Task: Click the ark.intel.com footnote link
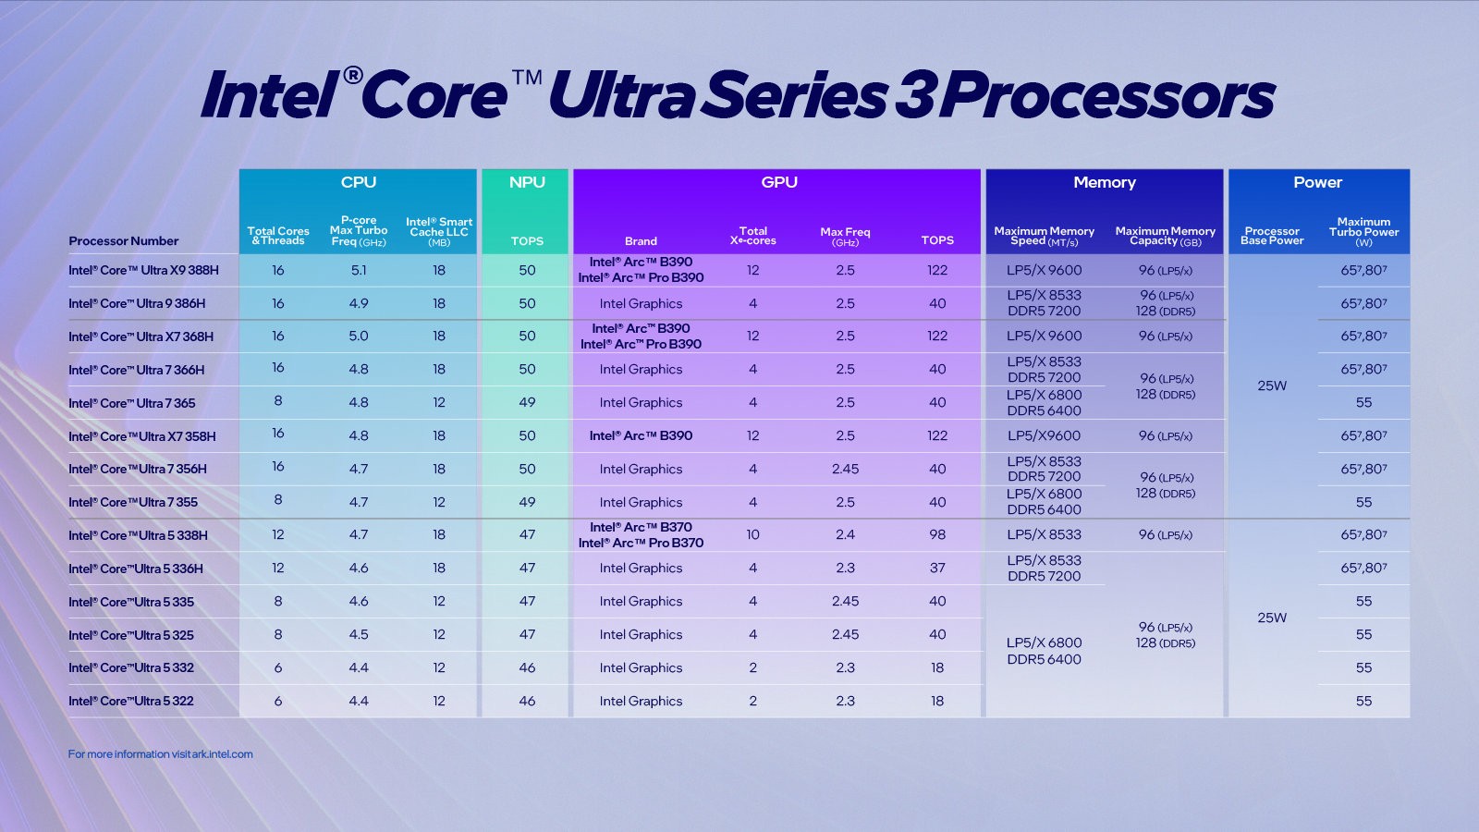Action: [160, 754]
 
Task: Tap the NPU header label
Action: [527, 182]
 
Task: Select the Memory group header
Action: [1105, 182]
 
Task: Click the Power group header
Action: [1317, 182]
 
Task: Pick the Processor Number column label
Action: [123, 241]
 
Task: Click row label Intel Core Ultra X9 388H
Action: [143, 271]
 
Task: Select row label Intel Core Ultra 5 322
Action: [131, 702]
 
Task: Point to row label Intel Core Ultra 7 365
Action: [131, 404]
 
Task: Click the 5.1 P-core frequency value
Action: [359, 271]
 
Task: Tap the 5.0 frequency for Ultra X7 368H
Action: [359, 336]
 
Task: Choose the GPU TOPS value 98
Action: [937, 535]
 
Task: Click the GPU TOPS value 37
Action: [937, 569]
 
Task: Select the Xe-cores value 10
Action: [752, 535]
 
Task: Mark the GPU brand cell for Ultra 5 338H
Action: [641, 535]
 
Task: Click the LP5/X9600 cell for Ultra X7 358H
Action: [1044, 436]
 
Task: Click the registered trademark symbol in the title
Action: [352, 75]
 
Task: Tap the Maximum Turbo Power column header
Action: [1363, 232]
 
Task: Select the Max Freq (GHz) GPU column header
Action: [845, 237]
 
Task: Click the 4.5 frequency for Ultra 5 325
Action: [359, 635]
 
